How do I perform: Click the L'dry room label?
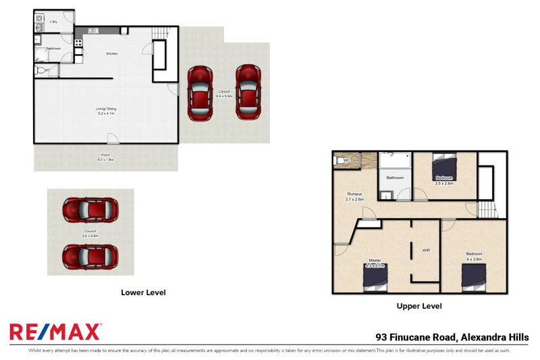click(53, 22)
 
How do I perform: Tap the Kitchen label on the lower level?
click(112, 53)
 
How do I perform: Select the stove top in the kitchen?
click(78, 43)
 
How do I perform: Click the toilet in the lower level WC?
click(42, 70)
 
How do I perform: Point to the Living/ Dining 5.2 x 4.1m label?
click(107, 110)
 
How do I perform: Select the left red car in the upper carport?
click(200, 92)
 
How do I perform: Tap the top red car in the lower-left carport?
click(90, 210)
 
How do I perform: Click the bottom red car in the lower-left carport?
click(90, 255)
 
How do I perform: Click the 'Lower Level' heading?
click(143, 292)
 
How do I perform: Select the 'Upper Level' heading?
click(419, 306)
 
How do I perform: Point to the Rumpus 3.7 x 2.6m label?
click(354, 196)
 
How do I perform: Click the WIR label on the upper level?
click(426, 250)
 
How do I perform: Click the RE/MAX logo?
click(55, 332)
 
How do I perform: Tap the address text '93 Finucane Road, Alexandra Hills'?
click(452, 337)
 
